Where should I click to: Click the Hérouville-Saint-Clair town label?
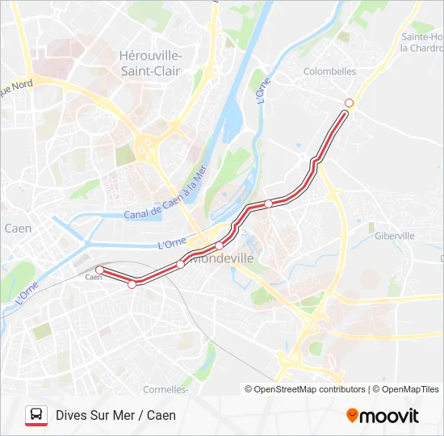pyautogui.click(x=150, y=63)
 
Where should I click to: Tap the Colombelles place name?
pyautogui.click(x=329, y=71)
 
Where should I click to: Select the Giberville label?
pyautogui.click(x=395, y=236)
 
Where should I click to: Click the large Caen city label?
pyautogui.click(x=18, y=228)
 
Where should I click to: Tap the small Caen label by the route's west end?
pyautogui.click(x=94, y=278)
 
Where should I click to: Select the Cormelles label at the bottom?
pyautogui.click(x=165, y=389)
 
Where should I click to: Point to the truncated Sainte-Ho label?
pyautogui.click(x=422, y=37)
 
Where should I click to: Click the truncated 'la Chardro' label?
pyautogui.click(x=421, y=48)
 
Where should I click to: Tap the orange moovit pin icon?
pyautogui.click(x=352, y=415)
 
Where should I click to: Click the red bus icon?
pyautogui.click(x=36, y=416)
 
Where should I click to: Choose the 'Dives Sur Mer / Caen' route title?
pyautogui.click(x=115, y=416)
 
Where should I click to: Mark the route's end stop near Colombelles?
pyautogui.click(x=349, y=103)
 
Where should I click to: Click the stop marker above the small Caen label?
pyautogui.click(x=99, y=270)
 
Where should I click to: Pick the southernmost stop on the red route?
pyautogui.click(x=132, y=284)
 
